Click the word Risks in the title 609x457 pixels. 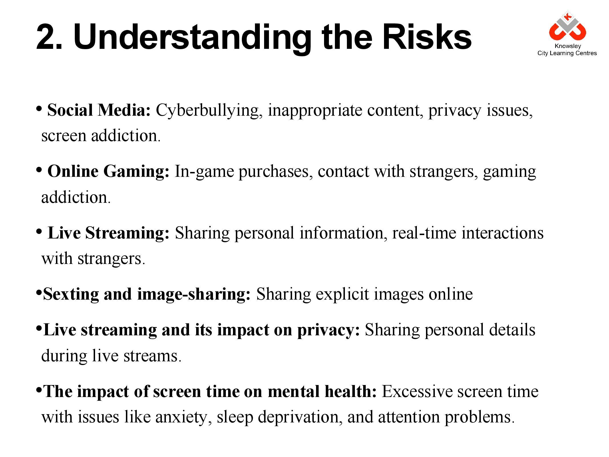427,37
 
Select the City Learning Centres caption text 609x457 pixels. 567,53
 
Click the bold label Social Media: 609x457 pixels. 99,110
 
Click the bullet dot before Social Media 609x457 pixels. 39,109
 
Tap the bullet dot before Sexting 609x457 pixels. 39,293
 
